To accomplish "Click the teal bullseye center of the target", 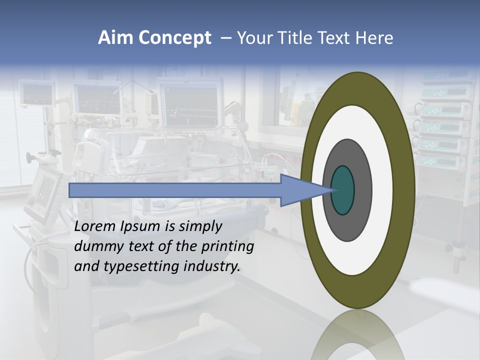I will coord(342,190).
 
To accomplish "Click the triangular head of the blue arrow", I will coord(300,190).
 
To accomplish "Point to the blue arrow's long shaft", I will coord(175,190).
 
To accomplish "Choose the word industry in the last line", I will coord(212,266).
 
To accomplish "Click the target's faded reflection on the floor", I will coord(357,335).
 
